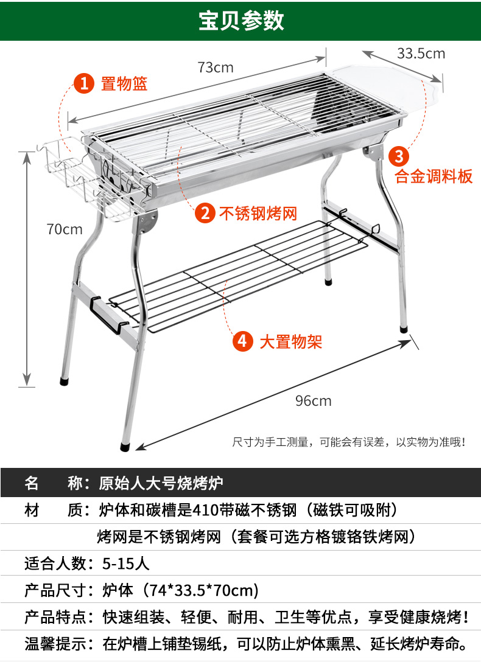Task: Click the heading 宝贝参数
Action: click(x=241, y=21)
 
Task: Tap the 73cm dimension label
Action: click(x=216, y=68)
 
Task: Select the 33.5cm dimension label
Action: click(x=421, y=54)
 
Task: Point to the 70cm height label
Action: click(x=65, y=229)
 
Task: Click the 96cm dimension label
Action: click(x=313, y=400)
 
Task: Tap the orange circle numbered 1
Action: click(x=84, y=83)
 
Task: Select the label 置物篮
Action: click(x=124, y=83)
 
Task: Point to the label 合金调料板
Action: click(x=434, y=177)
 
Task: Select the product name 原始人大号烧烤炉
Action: click(x=161, y=484)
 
